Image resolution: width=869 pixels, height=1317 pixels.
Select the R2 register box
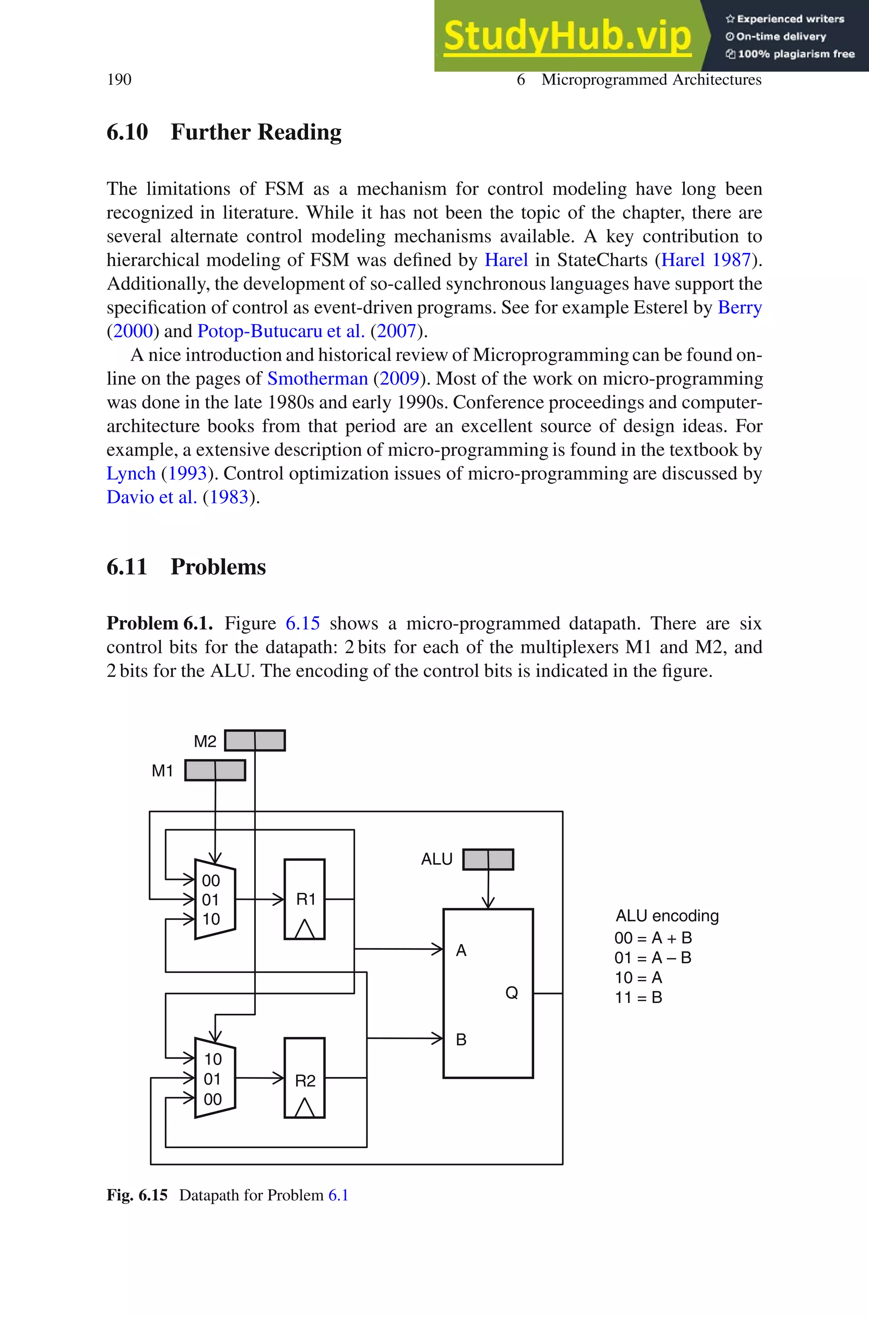pos(304,1077)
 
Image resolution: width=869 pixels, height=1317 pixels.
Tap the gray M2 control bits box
pos(255,741)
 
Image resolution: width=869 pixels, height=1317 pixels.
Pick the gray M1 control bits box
pos(215,770)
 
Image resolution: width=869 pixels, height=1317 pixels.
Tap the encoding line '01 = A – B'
pos(653,958)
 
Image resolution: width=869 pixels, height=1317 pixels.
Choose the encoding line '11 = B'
pos(639,998)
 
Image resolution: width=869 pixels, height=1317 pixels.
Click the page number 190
pos(119,80)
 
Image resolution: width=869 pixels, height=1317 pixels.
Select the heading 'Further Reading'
pos(255,132)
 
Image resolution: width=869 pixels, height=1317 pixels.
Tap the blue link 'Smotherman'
pos(317,378)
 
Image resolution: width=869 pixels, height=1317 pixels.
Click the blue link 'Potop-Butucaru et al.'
pos(281,331)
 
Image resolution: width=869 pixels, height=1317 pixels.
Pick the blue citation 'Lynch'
pos(131,473)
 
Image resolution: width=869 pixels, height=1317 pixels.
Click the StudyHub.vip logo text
pos(567,36)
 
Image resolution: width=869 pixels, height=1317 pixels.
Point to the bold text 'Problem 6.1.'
pos(160,623)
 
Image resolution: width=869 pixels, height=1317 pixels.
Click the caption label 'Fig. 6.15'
pos(137,1195)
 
